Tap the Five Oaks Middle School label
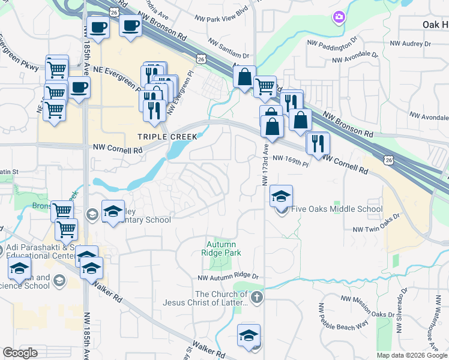336,209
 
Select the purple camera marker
339,17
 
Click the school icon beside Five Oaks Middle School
281,197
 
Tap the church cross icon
256,297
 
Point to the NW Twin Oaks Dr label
375,229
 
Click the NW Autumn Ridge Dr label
228,277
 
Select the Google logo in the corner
19,353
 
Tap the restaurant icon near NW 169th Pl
318,143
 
